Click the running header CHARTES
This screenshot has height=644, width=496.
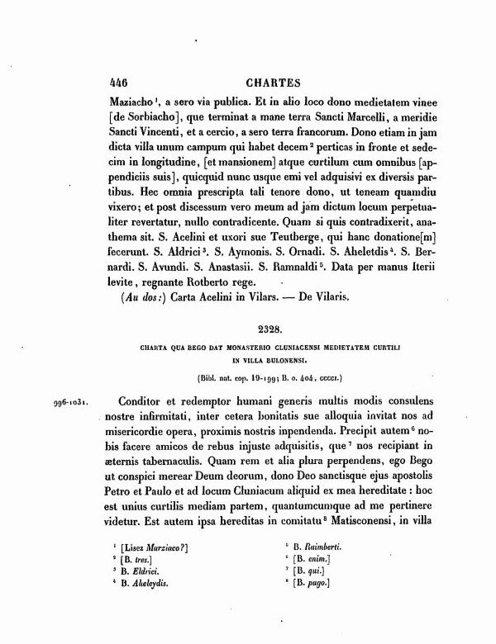click(x=274, y=83)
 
